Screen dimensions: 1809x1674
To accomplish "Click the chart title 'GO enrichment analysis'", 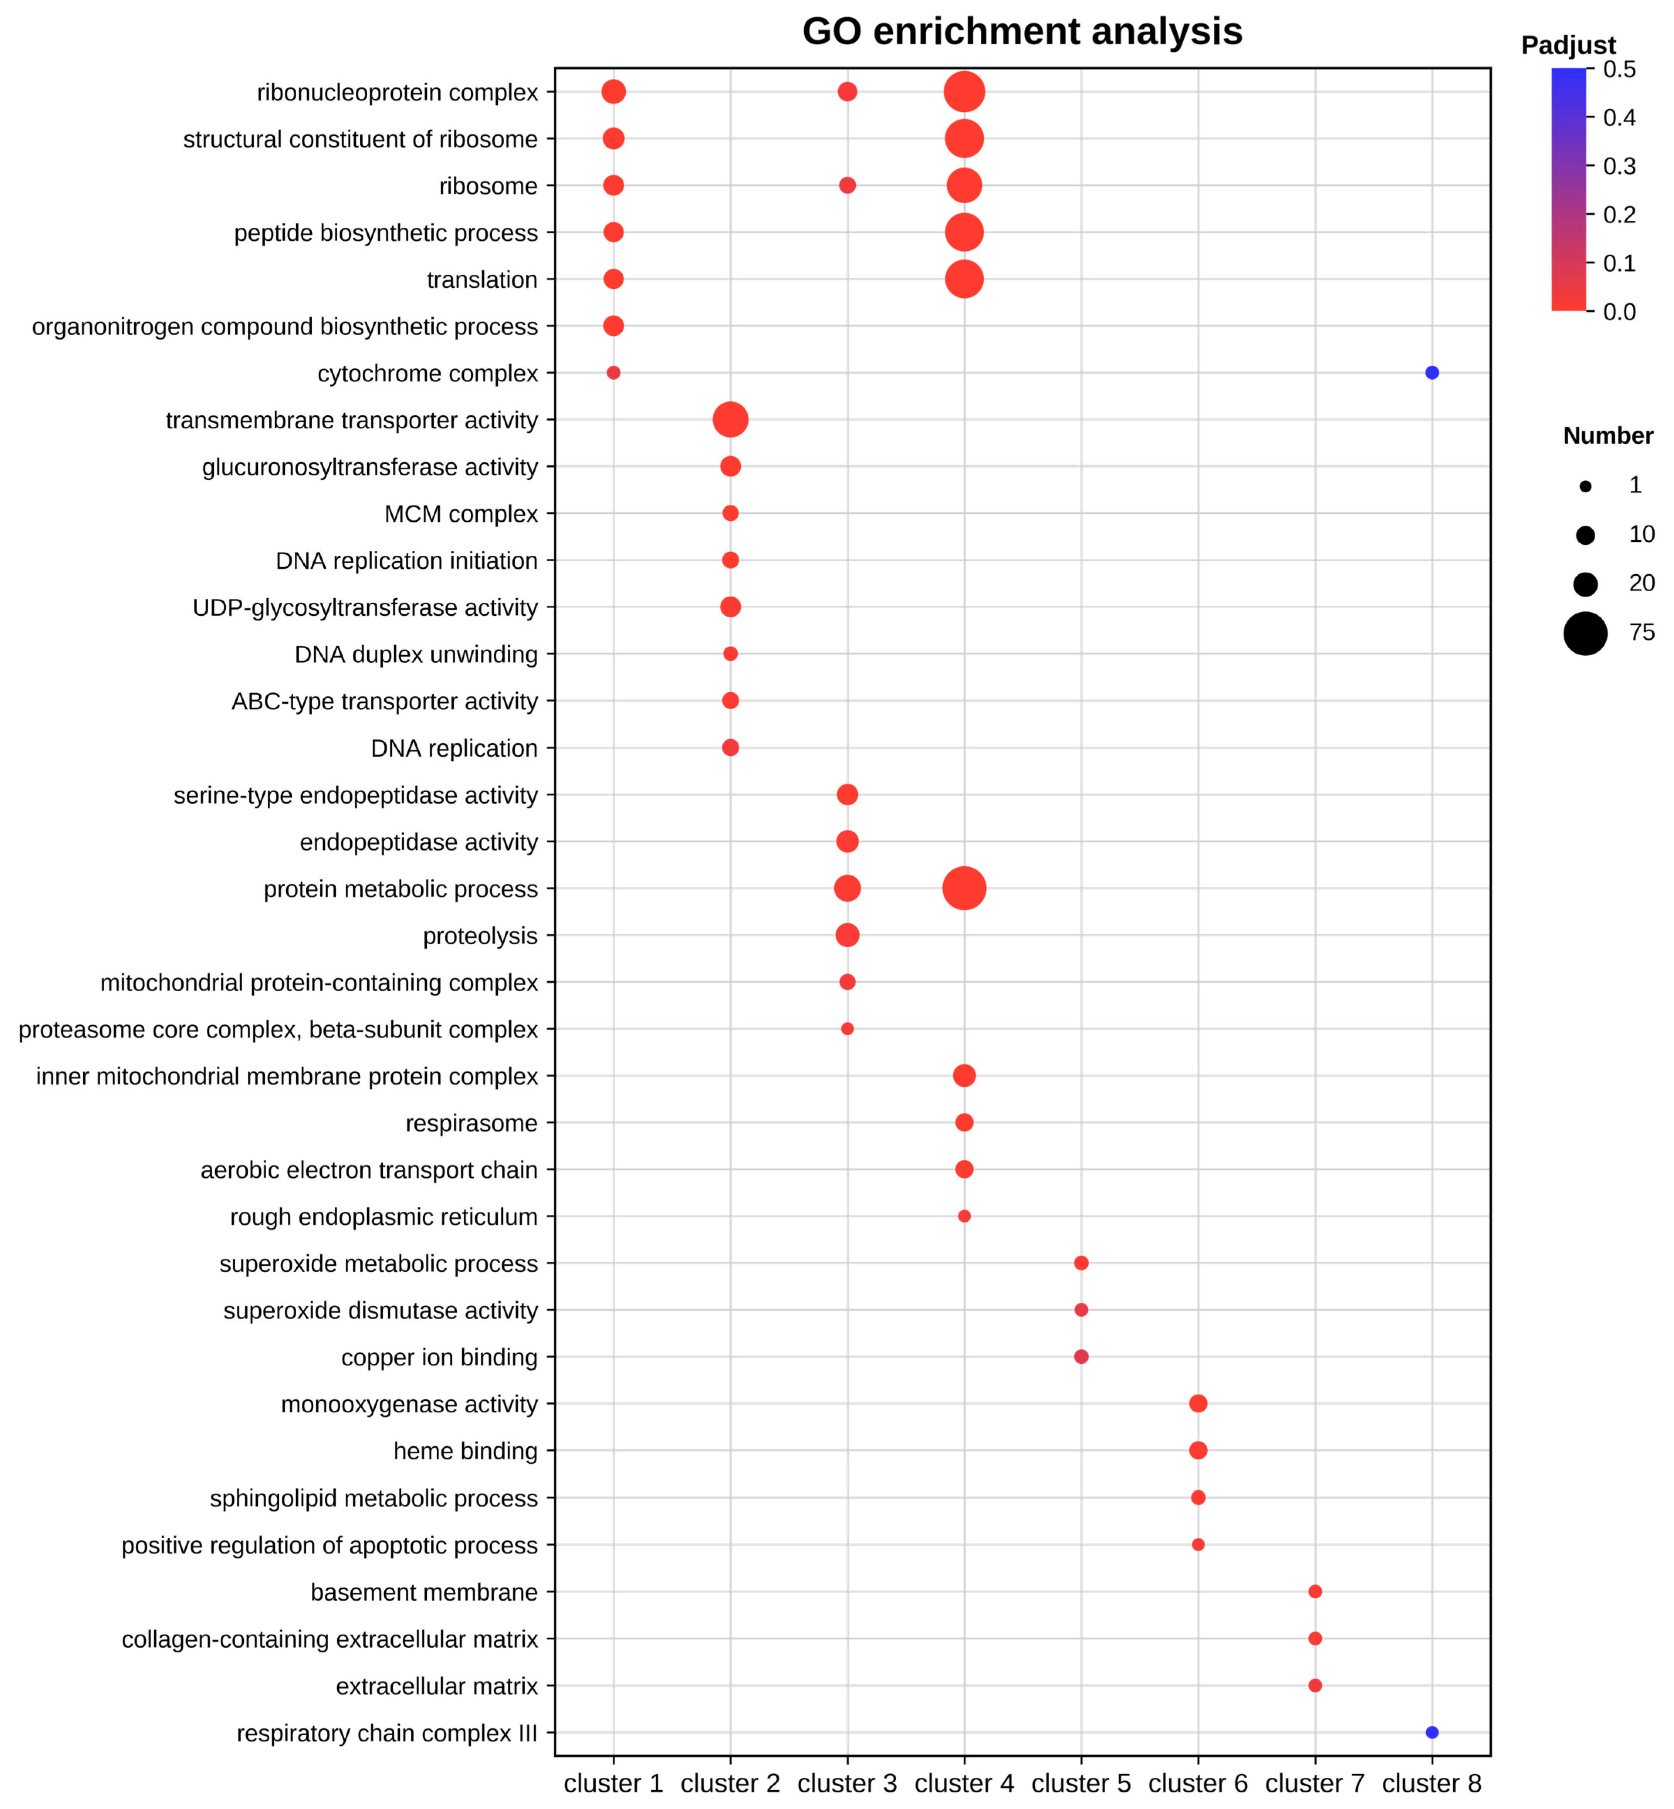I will [1022, 32].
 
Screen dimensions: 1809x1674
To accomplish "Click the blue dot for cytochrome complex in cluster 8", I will [1431, 372].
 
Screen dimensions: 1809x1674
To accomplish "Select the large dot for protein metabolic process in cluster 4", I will [964, 888].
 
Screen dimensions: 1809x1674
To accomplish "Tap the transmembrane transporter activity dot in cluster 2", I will [730, 419].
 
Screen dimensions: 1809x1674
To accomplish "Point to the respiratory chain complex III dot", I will [1431, 1732].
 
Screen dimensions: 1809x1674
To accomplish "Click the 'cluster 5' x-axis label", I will [1081, 1783].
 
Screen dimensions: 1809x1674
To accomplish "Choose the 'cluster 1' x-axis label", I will [613, 1783].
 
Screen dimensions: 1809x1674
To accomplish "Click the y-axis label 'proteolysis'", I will [480, 936].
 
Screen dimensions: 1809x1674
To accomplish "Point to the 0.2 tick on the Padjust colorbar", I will [1619, 215].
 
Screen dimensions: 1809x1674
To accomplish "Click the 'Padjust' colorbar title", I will [1568, 45].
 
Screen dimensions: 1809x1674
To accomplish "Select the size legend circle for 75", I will [1585, 632].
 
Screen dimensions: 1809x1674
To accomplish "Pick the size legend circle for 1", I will [1585, 487].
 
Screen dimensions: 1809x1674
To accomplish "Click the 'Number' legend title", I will [1608, 436].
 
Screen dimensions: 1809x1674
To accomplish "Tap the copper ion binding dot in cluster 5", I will [1081, 1356].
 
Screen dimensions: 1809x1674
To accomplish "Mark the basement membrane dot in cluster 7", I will [1314, 1592].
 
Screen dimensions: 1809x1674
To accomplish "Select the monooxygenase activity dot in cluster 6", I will [1198, 1403].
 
